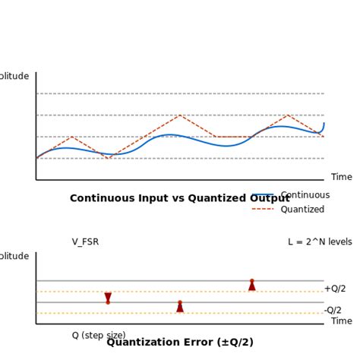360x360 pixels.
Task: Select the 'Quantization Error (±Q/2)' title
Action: (x=180, y=343)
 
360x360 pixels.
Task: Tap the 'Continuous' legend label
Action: (x=305, y=195)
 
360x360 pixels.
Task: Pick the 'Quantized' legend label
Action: (x=302, y=210)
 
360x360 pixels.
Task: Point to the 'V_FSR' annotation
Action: (x=85, y=242)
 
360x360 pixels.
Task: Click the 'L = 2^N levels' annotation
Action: (x=320, y=242)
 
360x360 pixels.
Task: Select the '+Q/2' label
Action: (x=335, y=289)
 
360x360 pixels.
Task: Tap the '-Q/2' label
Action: (x=333, y=310)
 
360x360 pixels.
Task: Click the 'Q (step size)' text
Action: (x=99, y=336)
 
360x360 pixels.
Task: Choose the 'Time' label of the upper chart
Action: (x=342, y=177)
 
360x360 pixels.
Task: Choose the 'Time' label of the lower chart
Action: (x=342, y=321)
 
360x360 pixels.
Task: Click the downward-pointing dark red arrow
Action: (x=108, y=298)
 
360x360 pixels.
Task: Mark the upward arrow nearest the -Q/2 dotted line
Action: (x=180, y=306)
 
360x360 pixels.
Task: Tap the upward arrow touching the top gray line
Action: (x=252, y=285)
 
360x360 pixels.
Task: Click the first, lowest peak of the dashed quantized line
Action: (x=71, y=137)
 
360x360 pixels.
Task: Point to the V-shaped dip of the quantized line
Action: (x=108, y=158)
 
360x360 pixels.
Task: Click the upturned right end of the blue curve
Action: (x=324, y=125)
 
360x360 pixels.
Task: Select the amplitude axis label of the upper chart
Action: (x=14, y=76)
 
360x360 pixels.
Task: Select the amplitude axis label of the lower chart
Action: (x=14, y=257)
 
